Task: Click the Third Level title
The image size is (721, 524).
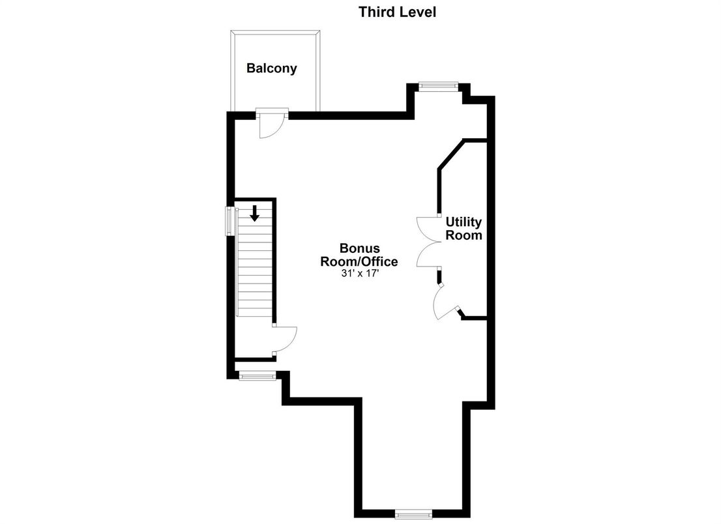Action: click(x=397, y=11)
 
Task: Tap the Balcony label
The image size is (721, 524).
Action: click(x=271, y=68)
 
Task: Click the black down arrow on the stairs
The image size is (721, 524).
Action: click(x=255, y=212)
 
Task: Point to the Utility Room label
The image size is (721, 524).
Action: click(x=463, y=229)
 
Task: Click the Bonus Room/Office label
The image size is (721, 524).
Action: click(x=359, y=255)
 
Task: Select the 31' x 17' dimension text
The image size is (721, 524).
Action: click(x=359, y=274)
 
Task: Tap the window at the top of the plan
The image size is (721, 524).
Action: click(x=438, y=85)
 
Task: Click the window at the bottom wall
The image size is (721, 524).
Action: click(x=413, y=514)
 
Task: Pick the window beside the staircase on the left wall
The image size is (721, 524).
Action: click(x=229, y=221)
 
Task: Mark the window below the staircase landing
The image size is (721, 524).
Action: click(x=257, y=375)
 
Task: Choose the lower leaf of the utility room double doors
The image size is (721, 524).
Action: click(x=427, y=255)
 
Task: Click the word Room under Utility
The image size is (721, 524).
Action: click(x=463, y=235)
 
